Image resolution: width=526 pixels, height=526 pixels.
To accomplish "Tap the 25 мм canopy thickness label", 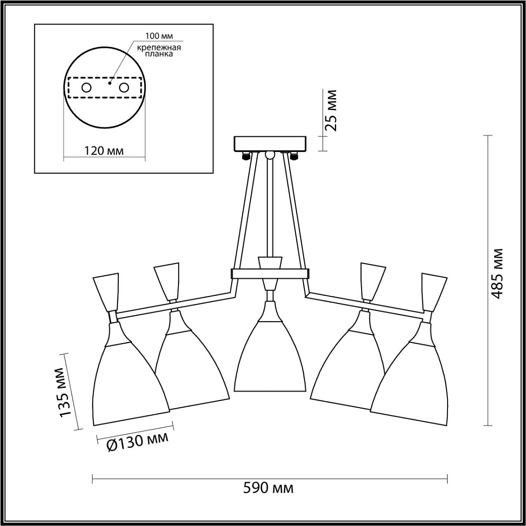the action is (x=331, y=110).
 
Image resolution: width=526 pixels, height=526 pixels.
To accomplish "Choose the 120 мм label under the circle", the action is (x=103, y=150).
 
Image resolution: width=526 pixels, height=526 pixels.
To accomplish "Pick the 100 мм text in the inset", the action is (x=159, y=36).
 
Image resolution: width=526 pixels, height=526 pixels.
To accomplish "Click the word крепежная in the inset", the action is (x=159, y=47).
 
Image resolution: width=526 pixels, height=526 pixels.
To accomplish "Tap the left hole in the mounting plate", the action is (x=86, y=88).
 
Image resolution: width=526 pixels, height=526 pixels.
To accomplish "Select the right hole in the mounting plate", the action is (x=124, y=88).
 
